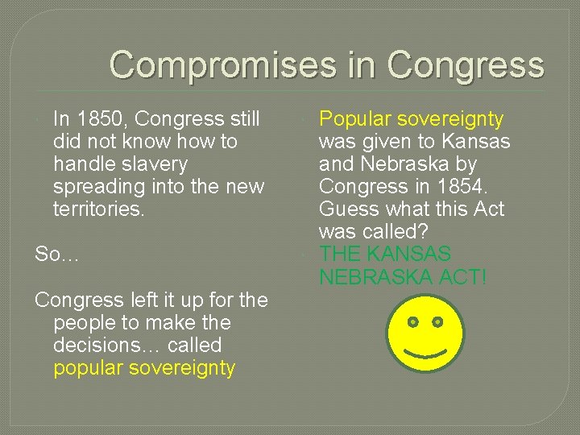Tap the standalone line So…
click(57, 255)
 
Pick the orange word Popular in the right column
click(354, 119)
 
